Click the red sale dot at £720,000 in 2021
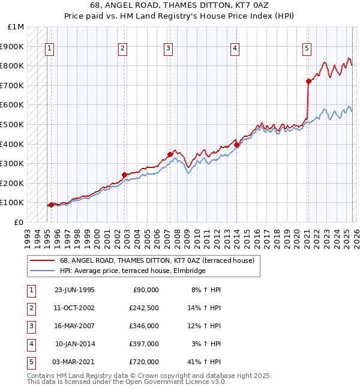click(x=308, y=81)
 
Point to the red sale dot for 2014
click(x=237, y=145)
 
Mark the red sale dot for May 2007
click(x=170, y=154)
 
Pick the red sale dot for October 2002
click(x=124, y=175)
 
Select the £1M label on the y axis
click(x=16, y=27)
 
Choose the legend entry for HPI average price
click(x=133, y=271)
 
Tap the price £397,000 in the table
click(x=144, y=344)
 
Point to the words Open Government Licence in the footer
click(x=164, y=382)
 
